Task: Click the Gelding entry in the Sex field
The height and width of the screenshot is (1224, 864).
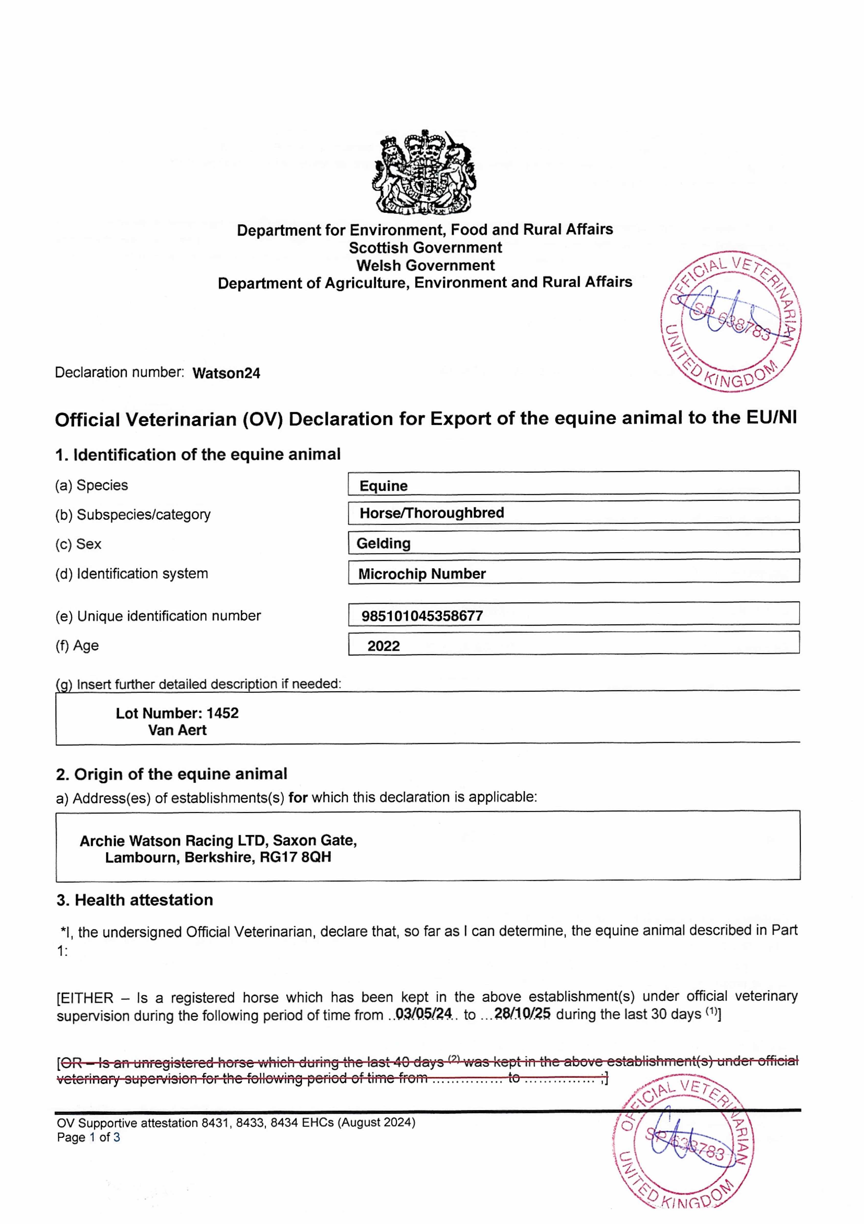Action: click(x=383, y=543)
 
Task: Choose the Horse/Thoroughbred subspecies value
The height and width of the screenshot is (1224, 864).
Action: click(x=431, y=513)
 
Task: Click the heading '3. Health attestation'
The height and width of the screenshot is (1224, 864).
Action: click(x=135, y=900)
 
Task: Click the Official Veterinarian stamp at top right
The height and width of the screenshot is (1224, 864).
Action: click(x=731, y=321)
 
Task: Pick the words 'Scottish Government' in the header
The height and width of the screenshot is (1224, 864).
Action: click(x=425, y=248)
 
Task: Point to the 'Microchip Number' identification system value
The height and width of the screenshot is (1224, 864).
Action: click(x=422, y=574)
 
